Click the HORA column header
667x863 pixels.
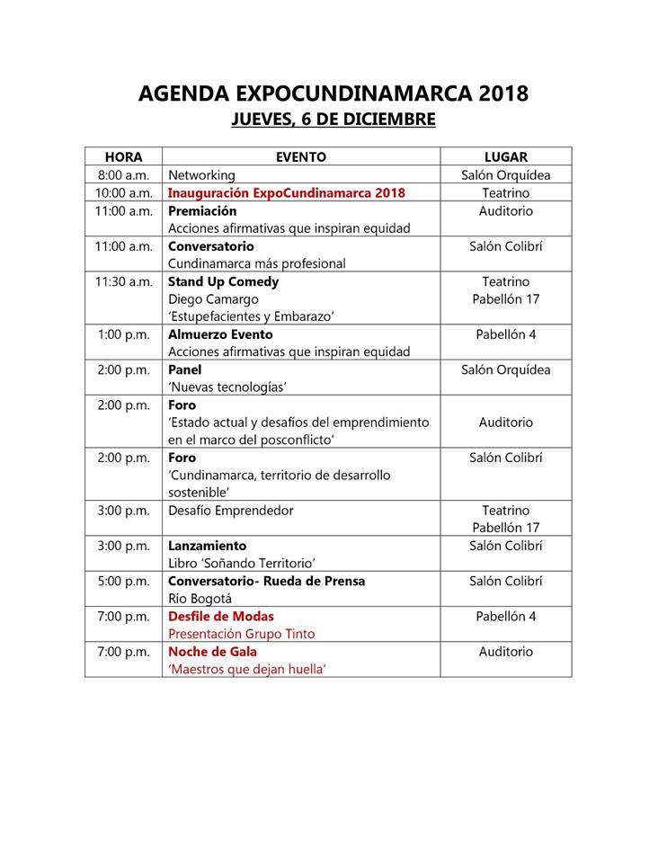tap(123, 157)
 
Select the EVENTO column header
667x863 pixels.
tap(300, 157)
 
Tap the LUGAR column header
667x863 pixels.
tap(505, 157)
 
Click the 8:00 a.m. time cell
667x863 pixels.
tap(123, 175)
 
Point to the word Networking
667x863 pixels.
tap(201, 175)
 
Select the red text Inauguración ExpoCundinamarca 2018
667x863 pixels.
tap(286, 193)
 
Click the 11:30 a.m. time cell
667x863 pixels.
tap(123, 281)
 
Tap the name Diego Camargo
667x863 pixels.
tap(213, 299)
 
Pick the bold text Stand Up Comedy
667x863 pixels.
tap(224, 281)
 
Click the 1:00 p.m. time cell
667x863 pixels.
tap(123, 334)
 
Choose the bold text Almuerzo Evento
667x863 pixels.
tap(221, 334)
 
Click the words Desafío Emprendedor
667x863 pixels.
tap(231, 511)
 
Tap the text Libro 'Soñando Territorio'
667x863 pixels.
tap(242, 564)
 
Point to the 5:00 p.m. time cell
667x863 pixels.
tap(123, 582)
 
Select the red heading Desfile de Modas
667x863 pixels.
tap(221, 617)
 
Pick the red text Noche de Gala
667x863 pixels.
tap(212, 652)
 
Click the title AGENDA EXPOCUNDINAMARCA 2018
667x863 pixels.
tap(333, 93)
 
